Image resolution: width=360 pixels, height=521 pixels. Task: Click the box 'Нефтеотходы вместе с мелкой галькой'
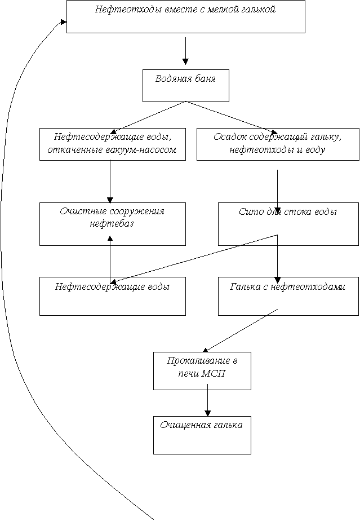(186, 16)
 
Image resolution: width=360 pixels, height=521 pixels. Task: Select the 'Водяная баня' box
(186, 85)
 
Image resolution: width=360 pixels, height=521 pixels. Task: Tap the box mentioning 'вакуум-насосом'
(113, 144)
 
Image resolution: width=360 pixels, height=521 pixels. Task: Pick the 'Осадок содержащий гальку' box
(278, 144)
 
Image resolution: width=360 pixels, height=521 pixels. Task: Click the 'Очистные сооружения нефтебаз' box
(113, 224)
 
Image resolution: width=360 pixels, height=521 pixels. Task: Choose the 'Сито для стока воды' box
(288, 224)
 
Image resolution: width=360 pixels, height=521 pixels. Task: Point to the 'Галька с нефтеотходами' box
(288, 296)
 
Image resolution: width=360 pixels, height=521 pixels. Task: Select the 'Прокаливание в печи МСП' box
(202, 371)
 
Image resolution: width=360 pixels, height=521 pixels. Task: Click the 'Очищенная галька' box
(202, 435)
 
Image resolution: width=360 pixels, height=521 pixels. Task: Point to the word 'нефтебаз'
(112, 223)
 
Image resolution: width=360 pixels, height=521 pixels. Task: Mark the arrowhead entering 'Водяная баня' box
(186, 61)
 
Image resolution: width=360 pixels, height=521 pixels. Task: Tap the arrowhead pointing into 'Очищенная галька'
(207, 413)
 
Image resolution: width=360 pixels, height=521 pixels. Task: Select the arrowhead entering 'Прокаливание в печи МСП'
(205, 350)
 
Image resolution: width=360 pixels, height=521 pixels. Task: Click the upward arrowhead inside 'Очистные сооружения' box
(110, 238)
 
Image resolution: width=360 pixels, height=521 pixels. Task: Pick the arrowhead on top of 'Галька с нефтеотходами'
(277, 280)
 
